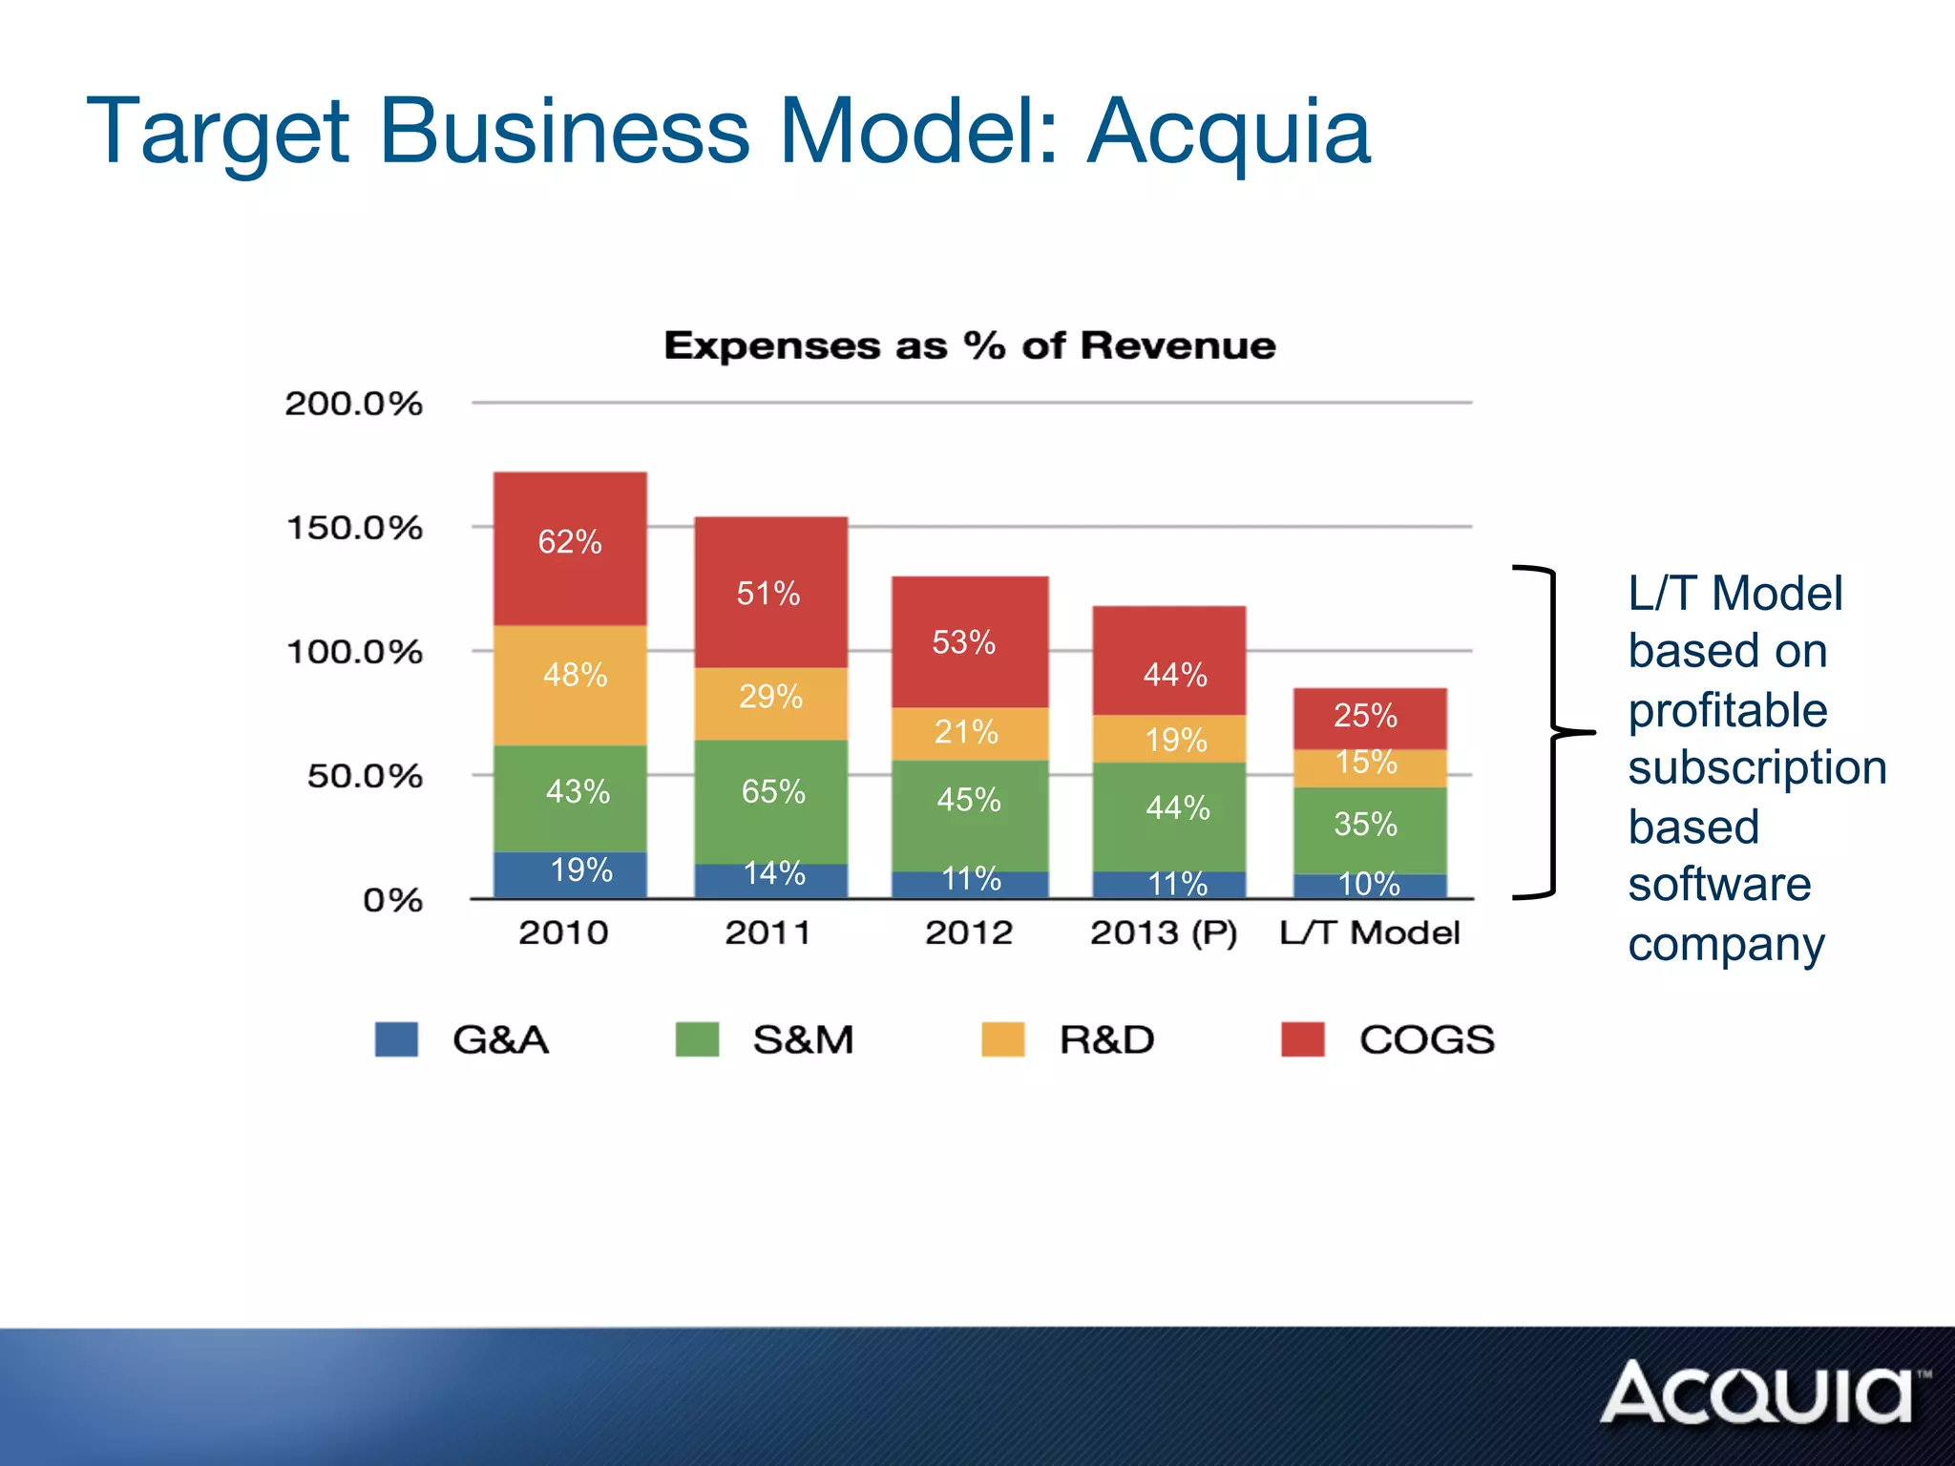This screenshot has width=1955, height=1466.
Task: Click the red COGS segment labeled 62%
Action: point(570,548)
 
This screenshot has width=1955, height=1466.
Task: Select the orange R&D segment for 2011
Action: point(770,702)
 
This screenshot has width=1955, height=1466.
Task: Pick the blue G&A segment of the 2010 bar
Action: point(570,874)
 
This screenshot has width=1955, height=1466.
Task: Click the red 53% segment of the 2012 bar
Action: point(970,640)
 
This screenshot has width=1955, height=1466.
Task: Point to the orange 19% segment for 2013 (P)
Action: point(1169,738)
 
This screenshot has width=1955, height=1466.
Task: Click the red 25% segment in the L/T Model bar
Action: point(1370,718)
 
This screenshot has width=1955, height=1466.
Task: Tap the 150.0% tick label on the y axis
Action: point(354,528)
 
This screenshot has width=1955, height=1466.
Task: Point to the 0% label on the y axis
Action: point(392,900)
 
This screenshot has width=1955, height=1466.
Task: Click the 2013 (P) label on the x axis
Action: point(1164,932)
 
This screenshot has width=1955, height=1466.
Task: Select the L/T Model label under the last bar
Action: point(1370,932)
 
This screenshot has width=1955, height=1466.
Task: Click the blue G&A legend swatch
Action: point(396,1039)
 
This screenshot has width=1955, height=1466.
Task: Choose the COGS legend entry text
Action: point(1426,1039)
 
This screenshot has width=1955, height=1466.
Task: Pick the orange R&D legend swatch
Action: point(1002,1039)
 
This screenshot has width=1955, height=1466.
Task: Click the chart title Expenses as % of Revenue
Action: point(970,346)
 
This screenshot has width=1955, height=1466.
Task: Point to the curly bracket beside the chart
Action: point(1554,733)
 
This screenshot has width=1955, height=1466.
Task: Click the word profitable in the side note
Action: point(1727,711)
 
